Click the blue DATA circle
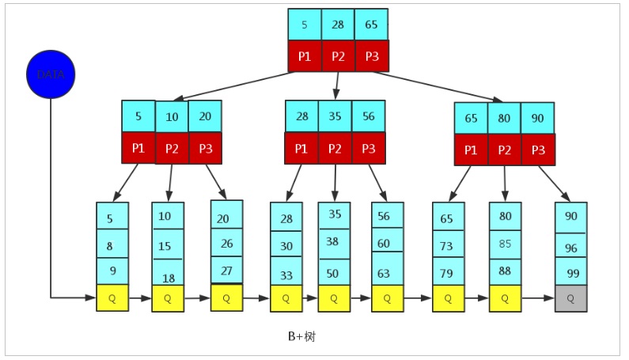pos(50,74)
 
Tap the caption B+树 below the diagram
pos(302,335)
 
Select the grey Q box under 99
pos(570,298)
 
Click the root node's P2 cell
pos(338,56)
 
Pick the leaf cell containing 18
pos(168,272)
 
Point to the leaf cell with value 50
pos(334,271)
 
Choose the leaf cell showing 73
pos(448,245)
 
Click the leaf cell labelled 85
pos(505,244)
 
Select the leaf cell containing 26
pos(226,243)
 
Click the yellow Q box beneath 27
pos(226,297)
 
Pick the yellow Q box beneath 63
pos(387,298)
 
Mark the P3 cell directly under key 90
pos(538,150)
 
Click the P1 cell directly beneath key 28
pos(301,148)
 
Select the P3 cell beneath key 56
pos(368,148)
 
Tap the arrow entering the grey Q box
pos(538,298)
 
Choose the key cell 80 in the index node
pos(504,118)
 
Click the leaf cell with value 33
pos(286,271)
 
